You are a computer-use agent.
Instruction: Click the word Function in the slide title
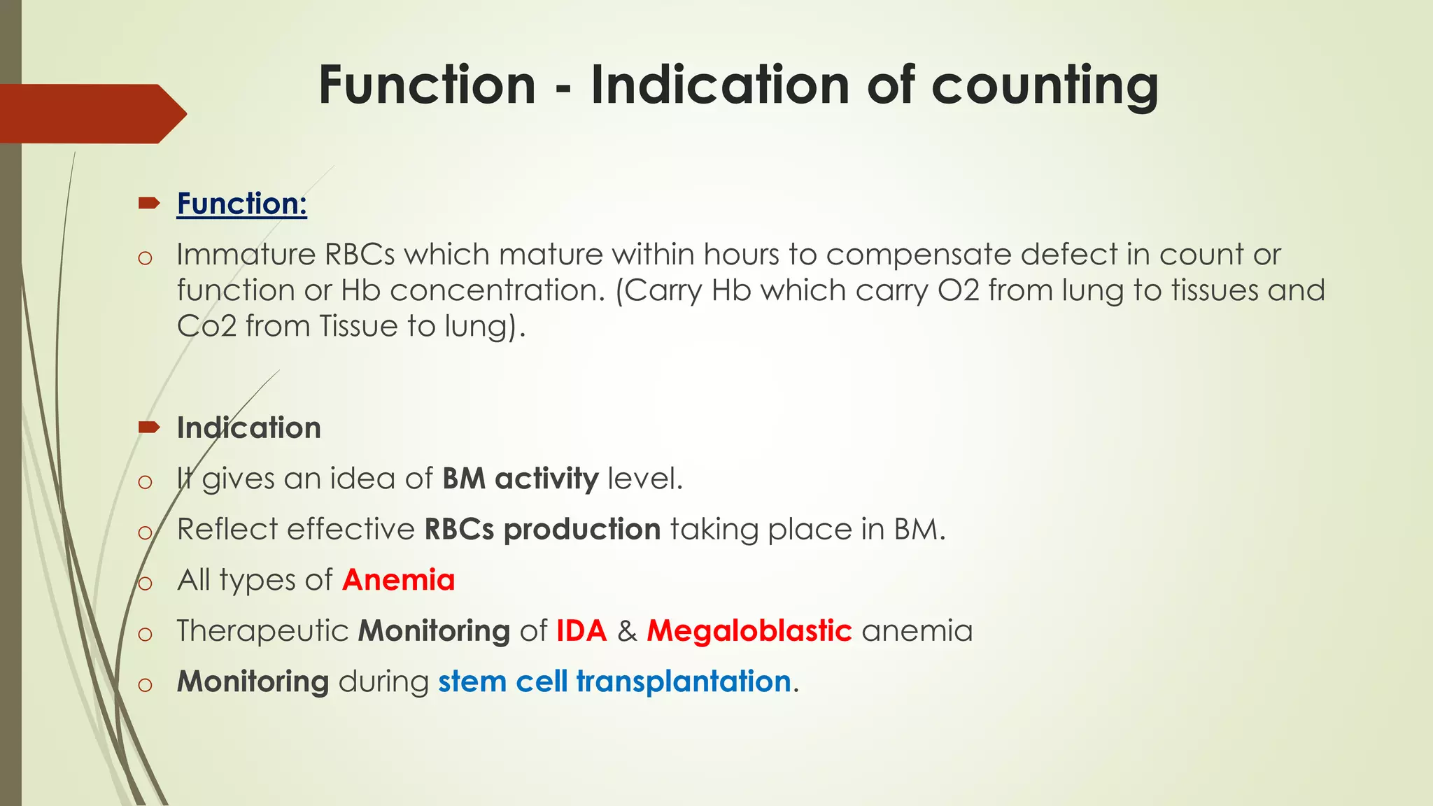tap(427, 85)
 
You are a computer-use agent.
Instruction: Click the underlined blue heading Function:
tap(241, 204)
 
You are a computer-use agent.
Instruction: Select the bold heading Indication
tap(248, 427)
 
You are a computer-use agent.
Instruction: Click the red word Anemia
tap(398, 580)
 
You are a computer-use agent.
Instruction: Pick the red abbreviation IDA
tap(581, 630)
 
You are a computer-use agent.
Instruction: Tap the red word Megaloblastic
tap(749, 630)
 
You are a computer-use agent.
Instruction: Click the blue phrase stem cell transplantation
tap(614, 681)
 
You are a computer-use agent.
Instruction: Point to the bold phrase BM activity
tap(520, 479)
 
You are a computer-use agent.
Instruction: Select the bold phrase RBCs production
tap(542, 529)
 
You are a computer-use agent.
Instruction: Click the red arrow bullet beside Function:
tap(149, 204)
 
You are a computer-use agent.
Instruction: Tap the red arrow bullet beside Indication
tap(149, 427)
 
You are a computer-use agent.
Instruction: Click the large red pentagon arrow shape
tap(91, 113)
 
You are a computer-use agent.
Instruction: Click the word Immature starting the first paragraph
tap(245, 255)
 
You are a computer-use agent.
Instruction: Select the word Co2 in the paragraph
tap(206, 327)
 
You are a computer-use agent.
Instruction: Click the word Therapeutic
tap(262, 630)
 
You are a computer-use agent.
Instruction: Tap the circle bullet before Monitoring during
tap(145, 684)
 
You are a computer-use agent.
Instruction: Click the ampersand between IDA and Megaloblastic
tap(627, 631)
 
